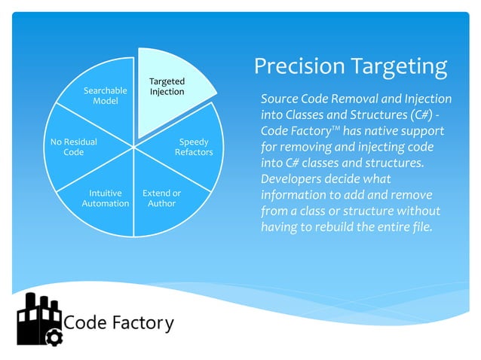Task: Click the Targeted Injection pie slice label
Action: tap(167, 87)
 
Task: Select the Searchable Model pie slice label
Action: tap(105, 96)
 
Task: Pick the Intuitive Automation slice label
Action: tap(105, 198)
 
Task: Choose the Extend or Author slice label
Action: tap(161, 198)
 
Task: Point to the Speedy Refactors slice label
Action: tap(194, 147)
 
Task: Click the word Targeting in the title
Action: tap(399, 67)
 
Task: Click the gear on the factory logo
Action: tap(54, 337)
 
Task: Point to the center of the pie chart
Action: tap(134, 145)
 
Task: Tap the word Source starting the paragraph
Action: tap(280, 99)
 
